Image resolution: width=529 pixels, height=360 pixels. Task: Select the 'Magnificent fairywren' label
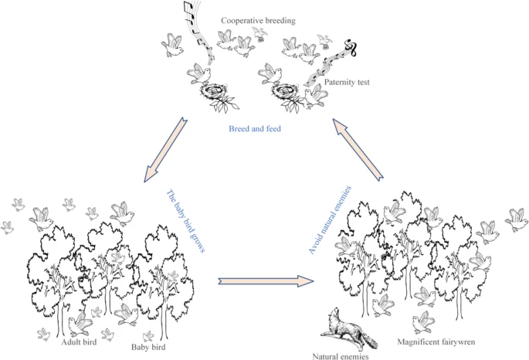coord(436,341)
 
